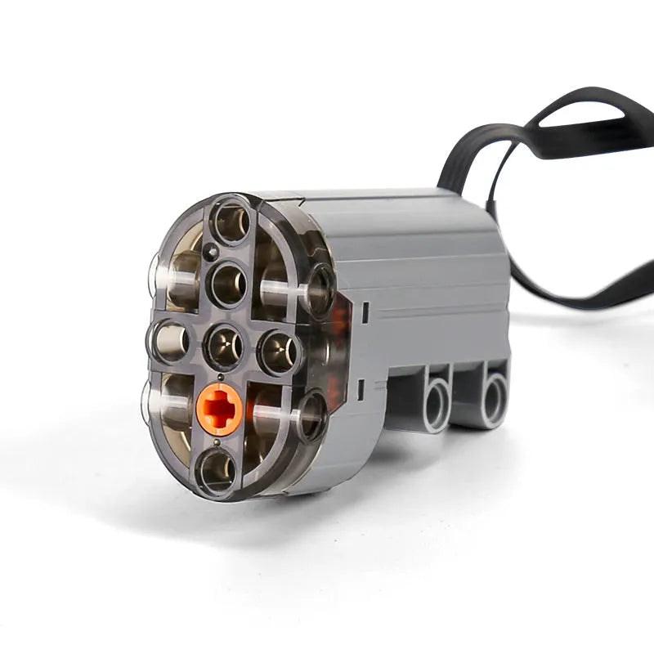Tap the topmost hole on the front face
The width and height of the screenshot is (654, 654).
(x=231, y=221)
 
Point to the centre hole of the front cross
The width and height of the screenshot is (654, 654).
(x=223, y=346)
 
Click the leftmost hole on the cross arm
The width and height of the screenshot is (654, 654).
(x=169, y=339)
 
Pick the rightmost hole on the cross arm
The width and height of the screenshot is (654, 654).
(x=279, y=352)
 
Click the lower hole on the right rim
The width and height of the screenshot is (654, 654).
(x=311, y=414)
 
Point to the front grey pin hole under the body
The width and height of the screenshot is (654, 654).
(x=434, y=401)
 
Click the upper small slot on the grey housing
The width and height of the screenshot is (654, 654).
(x=366, y=311)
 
